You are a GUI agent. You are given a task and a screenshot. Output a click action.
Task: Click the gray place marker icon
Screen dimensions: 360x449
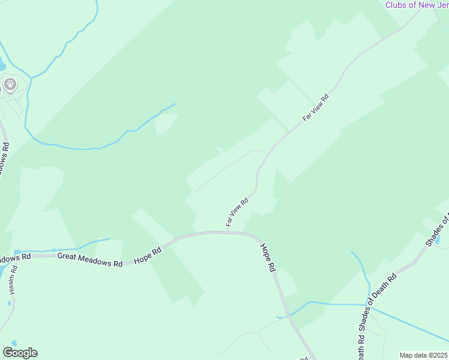10,85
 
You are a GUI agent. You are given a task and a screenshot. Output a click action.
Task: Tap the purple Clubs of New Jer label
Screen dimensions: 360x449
416,5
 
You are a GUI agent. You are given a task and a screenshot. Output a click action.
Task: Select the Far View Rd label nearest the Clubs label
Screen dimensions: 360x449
316,108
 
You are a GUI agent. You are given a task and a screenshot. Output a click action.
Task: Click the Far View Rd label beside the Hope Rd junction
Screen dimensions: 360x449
237,212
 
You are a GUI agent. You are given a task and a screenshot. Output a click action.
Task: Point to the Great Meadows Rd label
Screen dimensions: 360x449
89,260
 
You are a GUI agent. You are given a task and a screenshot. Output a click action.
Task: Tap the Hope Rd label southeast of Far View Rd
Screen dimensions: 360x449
268,257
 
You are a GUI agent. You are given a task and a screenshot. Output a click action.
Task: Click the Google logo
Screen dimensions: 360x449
20,353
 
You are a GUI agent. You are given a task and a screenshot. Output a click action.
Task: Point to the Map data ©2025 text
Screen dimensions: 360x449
424,355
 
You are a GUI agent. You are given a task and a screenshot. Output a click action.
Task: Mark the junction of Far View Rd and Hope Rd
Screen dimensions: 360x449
228,232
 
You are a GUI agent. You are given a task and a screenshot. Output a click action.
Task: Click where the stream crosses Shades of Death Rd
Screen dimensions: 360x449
369,304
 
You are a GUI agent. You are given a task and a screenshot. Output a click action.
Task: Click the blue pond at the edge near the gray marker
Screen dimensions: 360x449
2,64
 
